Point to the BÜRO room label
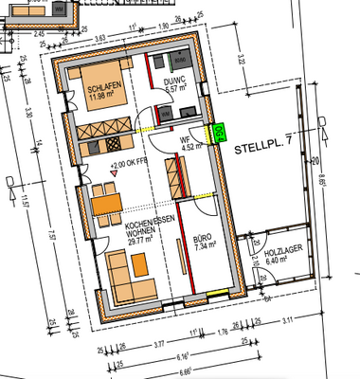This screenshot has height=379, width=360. click(x=203, y=243)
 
